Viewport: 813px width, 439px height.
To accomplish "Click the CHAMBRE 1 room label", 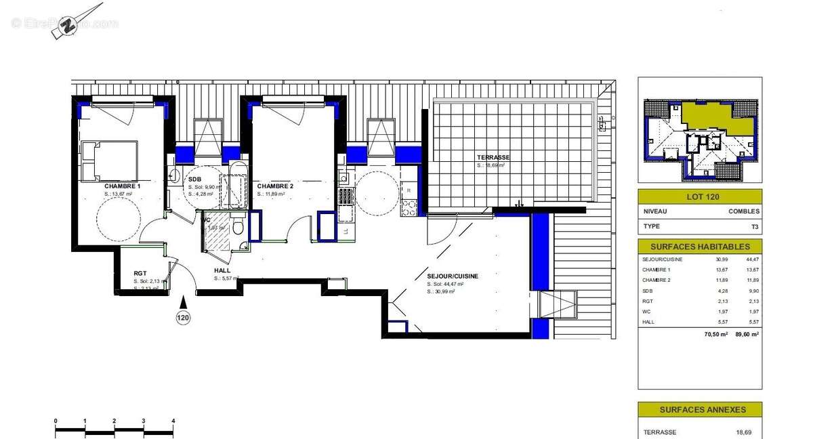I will [x=123, y=186].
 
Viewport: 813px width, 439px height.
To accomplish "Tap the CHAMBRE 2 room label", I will [x=275, y=186].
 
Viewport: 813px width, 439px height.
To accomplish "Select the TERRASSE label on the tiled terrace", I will [x=493, y=157].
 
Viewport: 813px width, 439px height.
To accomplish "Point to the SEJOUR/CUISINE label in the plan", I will [x=453, y=276].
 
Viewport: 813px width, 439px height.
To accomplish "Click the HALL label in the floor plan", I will [x=222, y=270].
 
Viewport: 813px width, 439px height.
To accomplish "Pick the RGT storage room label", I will [x=141, y=274].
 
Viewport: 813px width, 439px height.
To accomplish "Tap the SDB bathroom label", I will [x=194, y=179].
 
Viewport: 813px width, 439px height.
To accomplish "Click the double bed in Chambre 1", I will [x=110, y=161].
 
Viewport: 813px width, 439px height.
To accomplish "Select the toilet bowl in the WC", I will [x=238, y=228].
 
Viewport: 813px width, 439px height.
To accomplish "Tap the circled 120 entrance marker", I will [x=183, y=317].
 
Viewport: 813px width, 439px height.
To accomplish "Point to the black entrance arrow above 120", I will [x=183, y=301].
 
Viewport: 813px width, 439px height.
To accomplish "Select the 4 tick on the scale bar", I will [x=173, y=421].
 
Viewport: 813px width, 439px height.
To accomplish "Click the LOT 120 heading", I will [x=699, y=197].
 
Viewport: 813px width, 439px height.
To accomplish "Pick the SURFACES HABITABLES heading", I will [x=699, y=247].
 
